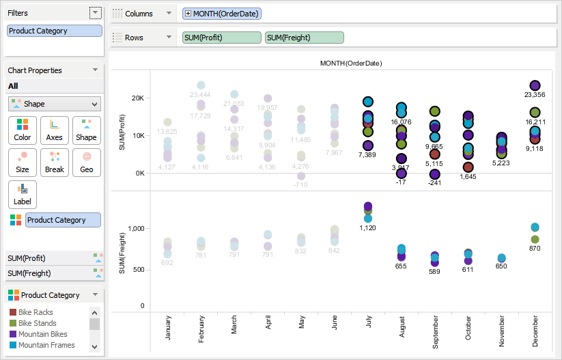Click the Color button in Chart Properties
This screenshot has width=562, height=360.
pyautogui.click(x=23, y=129)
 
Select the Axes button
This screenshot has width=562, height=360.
pyautogui.click(x=55, y=129)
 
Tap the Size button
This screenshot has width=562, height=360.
pyautogui.click(x=23, y=161)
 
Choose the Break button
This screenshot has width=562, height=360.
pyautogui.click(x=55, y=161)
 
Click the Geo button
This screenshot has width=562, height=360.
pyautogui.click(x=87, y=161)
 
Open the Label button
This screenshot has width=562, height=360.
pyautogui.click(x=23, y=194)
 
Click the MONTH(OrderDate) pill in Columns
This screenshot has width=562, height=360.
pyautogui.click(x=222, y=14)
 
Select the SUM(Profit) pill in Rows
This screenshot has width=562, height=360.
pyautogui.click(x=222, y=38)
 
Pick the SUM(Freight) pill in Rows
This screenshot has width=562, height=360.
pyautogui.click(x=305, y=38)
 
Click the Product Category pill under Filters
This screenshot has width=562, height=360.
pyautogui.click(x=55, y=31)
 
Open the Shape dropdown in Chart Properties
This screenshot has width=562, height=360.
pyautogui.click(x=55, y=104)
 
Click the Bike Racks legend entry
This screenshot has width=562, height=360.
pyautogui.click(x=36, y=312)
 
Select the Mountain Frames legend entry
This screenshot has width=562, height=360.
pyautogui.click(x=46, y=345)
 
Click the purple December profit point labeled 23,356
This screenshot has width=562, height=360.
pyautogui.click(x=535, y=85)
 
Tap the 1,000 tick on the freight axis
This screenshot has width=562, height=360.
pyautogui.click(x=135, y=229)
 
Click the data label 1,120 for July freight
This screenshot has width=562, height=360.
pyautogui.click(x=368, y=227)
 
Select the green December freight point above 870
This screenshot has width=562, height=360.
pyautogui.click(x=535, y=239)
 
